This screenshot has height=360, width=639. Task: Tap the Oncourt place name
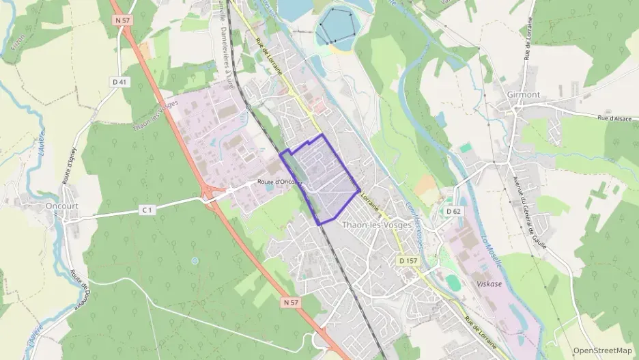point(62,206)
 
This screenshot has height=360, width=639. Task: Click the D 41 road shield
point(119,82)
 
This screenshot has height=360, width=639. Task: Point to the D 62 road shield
point(455,211)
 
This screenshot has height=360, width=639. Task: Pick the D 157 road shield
point(408,261)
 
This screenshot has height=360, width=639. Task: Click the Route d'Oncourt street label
point(279,182)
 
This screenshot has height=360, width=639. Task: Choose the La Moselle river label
point(492,250)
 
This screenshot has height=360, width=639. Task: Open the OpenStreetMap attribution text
point(602,350)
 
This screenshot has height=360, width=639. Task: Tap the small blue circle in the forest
point(195,260)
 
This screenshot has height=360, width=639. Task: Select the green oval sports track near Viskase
point(453,282)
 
